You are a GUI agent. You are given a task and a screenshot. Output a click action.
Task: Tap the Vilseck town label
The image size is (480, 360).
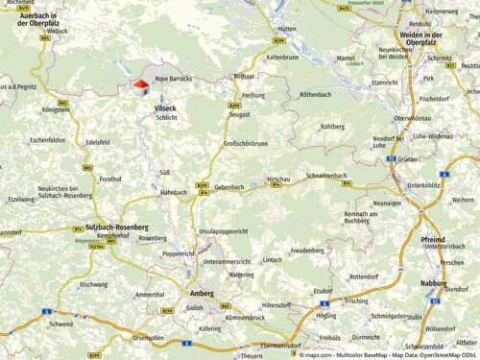[165, 108]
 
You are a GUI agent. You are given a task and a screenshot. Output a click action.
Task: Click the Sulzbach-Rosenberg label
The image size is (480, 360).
[110, 227]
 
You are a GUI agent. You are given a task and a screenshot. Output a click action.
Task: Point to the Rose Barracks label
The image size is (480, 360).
[174, 78]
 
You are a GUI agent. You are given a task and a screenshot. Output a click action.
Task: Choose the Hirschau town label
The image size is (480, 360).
[278, 179]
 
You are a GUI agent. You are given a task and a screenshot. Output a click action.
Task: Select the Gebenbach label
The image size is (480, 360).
[229, 186]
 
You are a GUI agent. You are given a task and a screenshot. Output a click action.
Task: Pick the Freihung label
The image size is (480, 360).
[253, 95]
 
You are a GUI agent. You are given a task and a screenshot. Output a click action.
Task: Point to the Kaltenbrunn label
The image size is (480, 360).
[283, 58]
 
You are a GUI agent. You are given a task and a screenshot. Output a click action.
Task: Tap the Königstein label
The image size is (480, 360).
[56, 109]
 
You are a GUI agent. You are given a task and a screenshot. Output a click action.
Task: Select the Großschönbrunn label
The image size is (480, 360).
[246, 143]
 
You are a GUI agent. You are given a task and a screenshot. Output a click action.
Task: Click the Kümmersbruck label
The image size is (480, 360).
[244, 316]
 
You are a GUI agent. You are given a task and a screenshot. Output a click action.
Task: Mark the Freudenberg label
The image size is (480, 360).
[307, 250]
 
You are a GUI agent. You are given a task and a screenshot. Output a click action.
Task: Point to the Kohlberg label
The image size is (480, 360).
[332, 126]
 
